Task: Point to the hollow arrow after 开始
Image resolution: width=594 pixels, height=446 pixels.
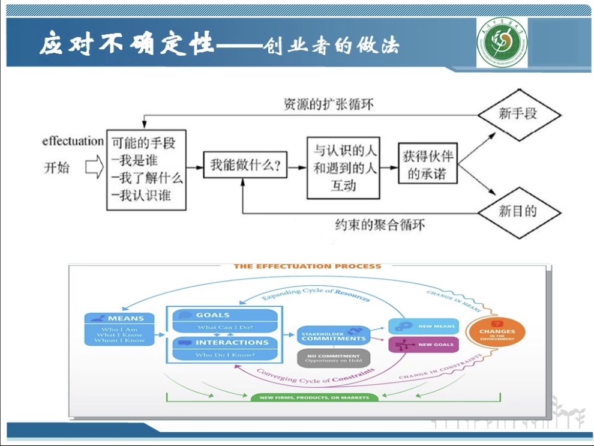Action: click(x=94, y=167)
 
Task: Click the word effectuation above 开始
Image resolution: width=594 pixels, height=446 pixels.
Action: click(x=73, y=142)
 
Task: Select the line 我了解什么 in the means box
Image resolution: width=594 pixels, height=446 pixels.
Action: click(x=146, y=178)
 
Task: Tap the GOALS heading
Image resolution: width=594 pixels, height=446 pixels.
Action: click(x=212, y=315)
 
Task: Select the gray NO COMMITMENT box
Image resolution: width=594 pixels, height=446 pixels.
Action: click(x=333, y=358)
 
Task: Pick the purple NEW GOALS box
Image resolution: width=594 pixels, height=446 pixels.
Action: click(x=424, y=345)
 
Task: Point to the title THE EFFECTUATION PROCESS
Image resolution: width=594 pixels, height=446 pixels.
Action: click(x=307, y=267)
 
